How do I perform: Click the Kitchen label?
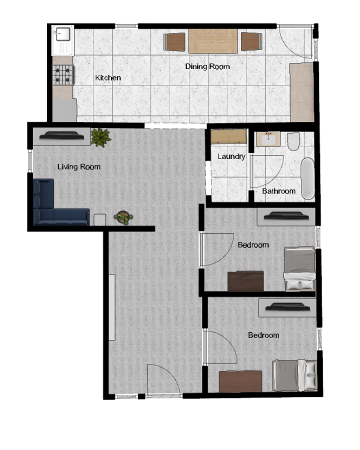[108, 77]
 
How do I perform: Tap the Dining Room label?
[207, 66]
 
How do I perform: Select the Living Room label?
[79, 166]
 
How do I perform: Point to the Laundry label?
[231, 156]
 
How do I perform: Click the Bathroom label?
[279, 191]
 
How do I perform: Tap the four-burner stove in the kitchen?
[63, 75]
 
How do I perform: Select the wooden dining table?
[213, 41]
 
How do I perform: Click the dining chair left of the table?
[174, 42]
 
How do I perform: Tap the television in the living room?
[61, 135]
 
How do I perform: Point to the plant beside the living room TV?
[100, 137]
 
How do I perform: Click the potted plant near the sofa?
[123, 218]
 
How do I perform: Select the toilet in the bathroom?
[293, 141]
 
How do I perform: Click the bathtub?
[308, 178]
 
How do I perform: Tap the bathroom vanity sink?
[268, 139]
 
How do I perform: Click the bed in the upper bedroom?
[299, 268]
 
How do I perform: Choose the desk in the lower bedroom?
[240, 381]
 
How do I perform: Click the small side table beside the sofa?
[99, 220]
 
